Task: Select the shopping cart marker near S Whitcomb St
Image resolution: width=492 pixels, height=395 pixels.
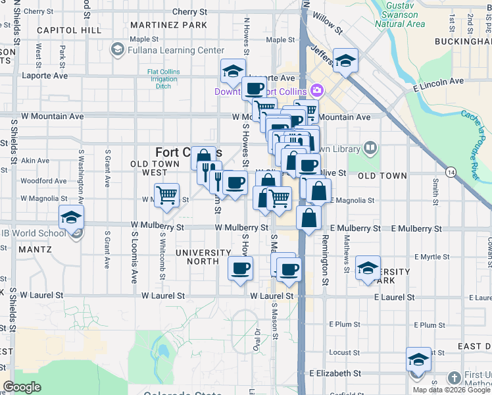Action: click(x=167, y=194)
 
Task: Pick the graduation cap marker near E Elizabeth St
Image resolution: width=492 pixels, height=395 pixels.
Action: click(x=418, y=359)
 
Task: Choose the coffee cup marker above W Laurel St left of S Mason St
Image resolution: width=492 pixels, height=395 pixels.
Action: click(x=240, y=268)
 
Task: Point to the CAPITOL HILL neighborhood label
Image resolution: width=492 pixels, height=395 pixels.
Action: click(x=69, y=30)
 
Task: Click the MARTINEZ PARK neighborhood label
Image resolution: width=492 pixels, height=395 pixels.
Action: click(x=168, y=25)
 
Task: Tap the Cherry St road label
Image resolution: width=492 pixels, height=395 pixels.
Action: click(x=189, y=12)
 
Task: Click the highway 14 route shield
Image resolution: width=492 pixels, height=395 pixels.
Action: click(x=451, y=172)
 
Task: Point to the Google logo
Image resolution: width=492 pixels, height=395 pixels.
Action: click(x=22, y=387)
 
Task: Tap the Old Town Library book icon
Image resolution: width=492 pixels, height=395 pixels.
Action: click(x=370, y=149)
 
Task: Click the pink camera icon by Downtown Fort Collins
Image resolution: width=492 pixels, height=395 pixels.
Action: click(x=318, y=90)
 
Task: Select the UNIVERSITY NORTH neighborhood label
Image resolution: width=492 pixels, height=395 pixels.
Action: click(x=203, y=257)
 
